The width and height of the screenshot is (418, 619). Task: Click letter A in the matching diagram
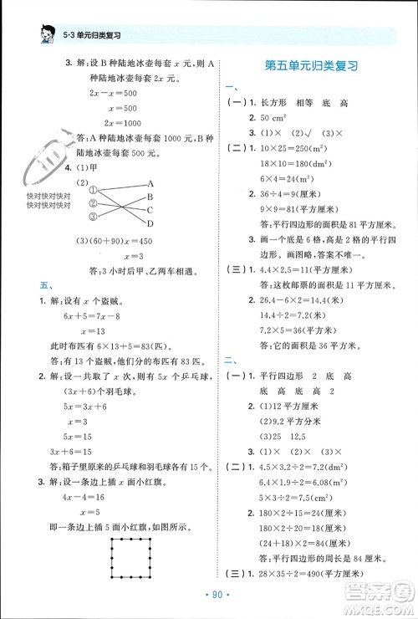tap(150, 182)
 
